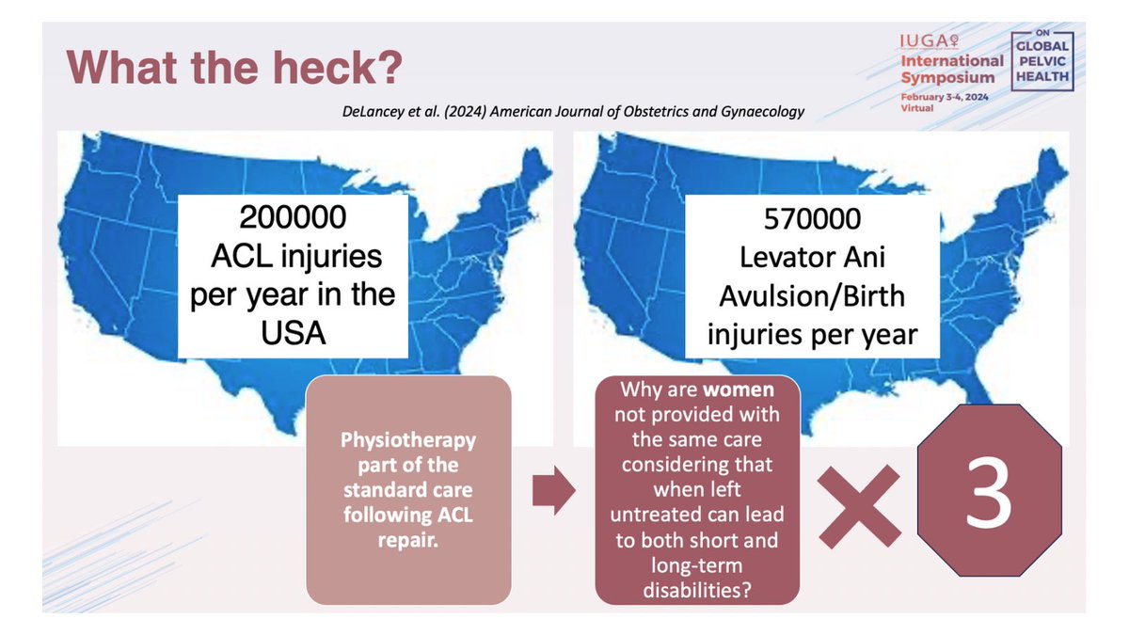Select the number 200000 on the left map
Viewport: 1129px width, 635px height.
[x=292, y=218]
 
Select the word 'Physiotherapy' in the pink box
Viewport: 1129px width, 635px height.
[x=408, y=441]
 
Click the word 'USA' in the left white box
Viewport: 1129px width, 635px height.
[x=292, y=332]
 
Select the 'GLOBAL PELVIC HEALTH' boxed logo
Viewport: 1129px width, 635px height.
[x=1040, y=61]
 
